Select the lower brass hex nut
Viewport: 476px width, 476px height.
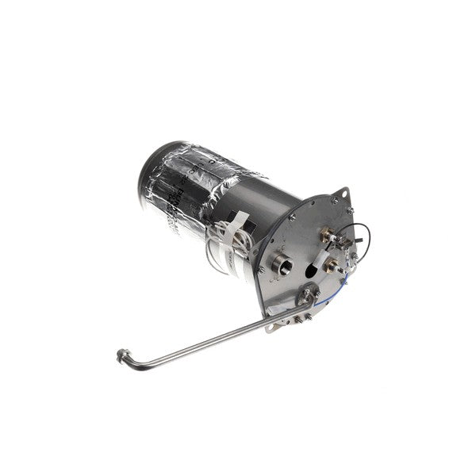pos(331,263)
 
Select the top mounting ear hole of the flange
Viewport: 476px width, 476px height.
pos(347,192)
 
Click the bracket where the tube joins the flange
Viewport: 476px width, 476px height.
pos(306,299)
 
